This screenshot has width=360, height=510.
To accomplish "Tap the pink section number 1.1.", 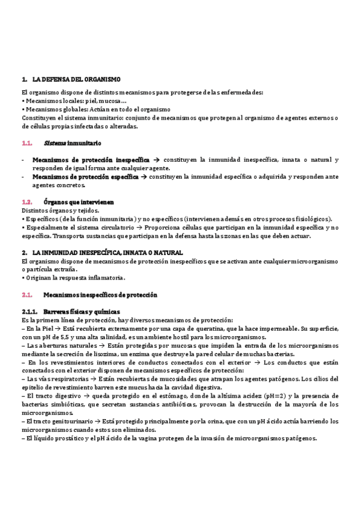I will coord(26,144).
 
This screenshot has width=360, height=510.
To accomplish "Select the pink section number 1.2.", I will coord(26,202).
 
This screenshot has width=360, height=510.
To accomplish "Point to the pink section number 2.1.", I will coord(26,295).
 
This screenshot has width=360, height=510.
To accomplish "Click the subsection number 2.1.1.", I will coord(29,312).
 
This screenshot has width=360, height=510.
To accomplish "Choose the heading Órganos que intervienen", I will coord(79,202).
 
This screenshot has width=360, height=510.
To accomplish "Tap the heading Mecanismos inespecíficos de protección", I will coord(100,295).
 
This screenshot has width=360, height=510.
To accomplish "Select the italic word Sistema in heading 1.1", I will coord(55,144).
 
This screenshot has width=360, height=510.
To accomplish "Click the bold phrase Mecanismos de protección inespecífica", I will coord(91,160).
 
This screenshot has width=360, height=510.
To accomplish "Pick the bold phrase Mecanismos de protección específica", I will coord(85,177).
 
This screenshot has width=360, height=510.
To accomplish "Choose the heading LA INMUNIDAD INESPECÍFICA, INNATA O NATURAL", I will coord(107,253).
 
